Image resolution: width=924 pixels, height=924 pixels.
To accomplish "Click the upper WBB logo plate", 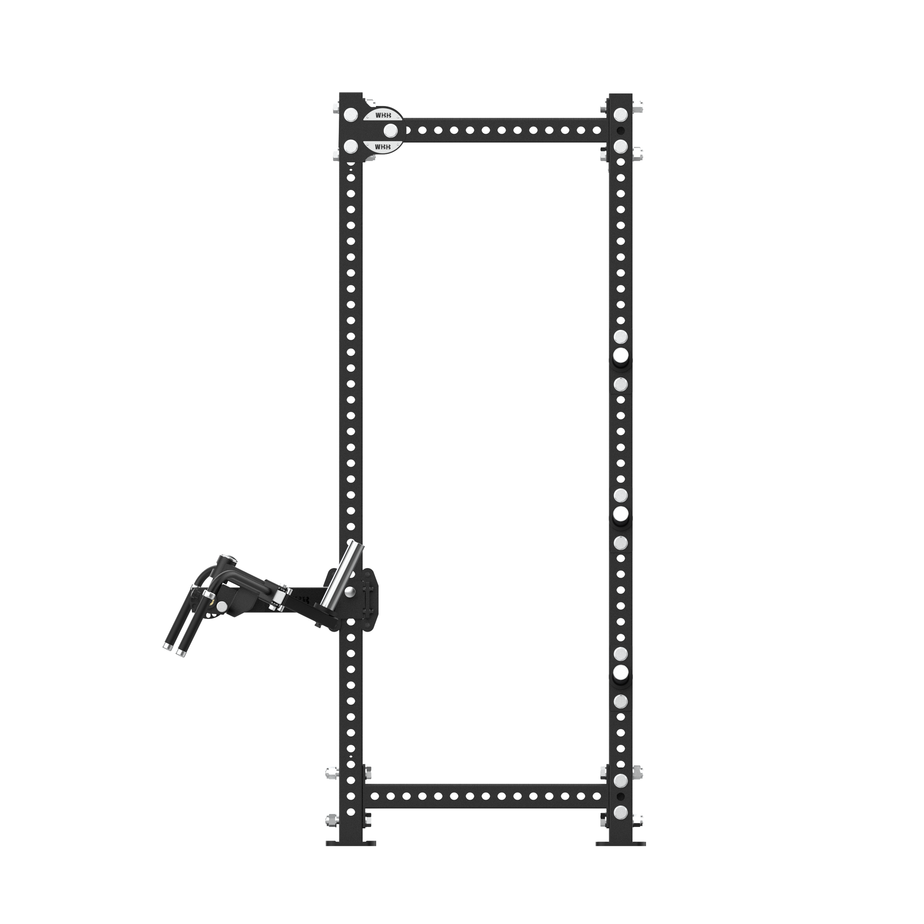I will coord(383,115).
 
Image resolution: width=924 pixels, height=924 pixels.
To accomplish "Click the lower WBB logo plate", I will coord(383,147).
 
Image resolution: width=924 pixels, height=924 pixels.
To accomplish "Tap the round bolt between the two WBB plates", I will coord(392,130).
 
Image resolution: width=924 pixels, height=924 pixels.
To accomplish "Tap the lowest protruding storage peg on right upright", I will coord(621,672).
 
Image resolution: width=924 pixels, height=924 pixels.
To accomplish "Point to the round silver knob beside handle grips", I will coord(222,606).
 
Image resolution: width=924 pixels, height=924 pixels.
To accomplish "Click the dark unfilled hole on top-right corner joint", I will coord(621,130).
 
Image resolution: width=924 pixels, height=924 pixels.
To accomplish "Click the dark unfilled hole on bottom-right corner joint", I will coord(621,796).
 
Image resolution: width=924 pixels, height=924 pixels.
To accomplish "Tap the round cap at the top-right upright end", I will coord(621,114).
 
